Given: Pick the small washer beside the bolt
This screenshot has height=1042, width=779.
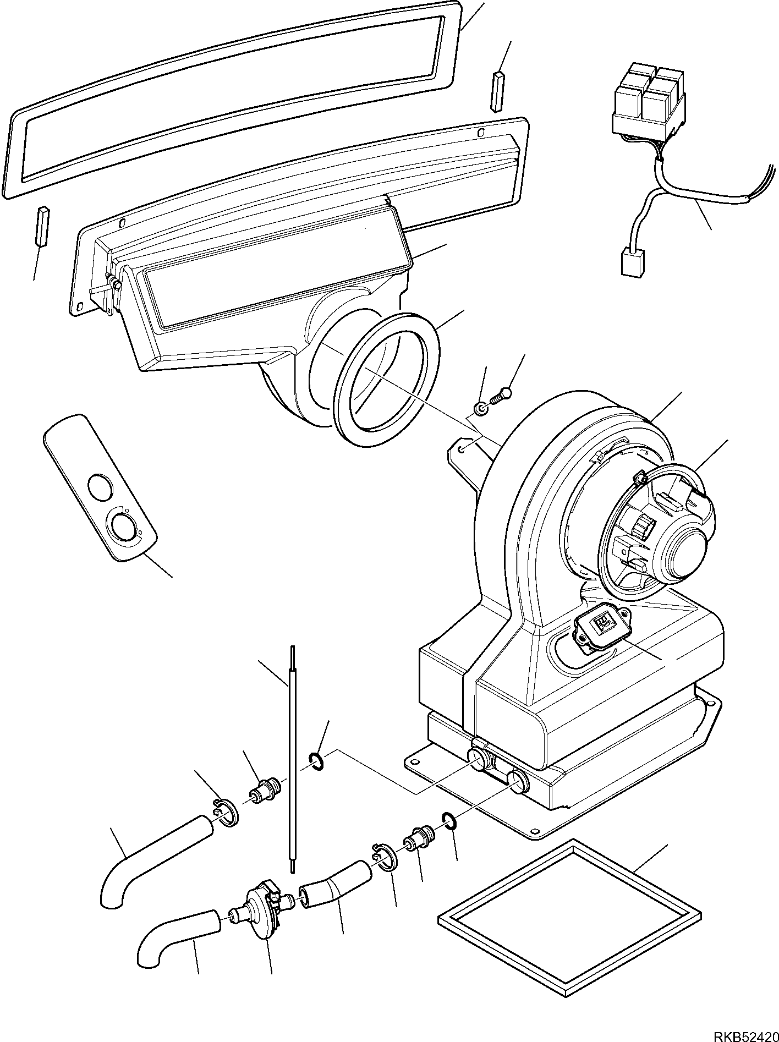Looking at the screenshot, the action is (481, 409).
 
